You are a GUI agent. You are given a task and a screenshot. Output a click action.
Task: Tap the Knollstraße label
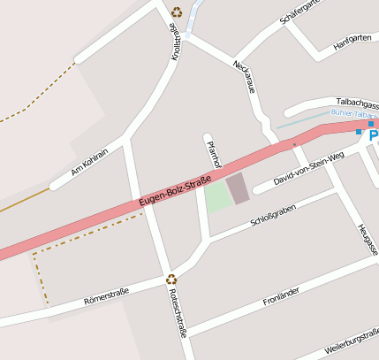(176, 41)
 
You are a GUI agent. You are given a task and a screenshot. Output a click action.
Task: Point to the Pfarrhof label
(212, 151)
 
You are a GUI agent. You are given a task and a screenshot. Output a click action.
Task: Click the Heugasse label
(368, 239)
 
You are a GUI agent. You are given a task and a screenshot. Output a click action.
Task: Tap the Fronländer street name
(282, 296)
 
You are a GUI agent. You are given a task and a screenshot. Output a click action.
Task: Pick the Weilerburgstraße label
(352, 342)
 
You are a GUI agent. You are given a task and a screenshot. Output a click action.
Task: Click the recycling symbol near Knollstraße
(177, 12)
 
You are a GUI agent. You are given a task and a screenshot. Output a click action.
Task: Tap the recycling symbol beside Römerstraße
(171, 280)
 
